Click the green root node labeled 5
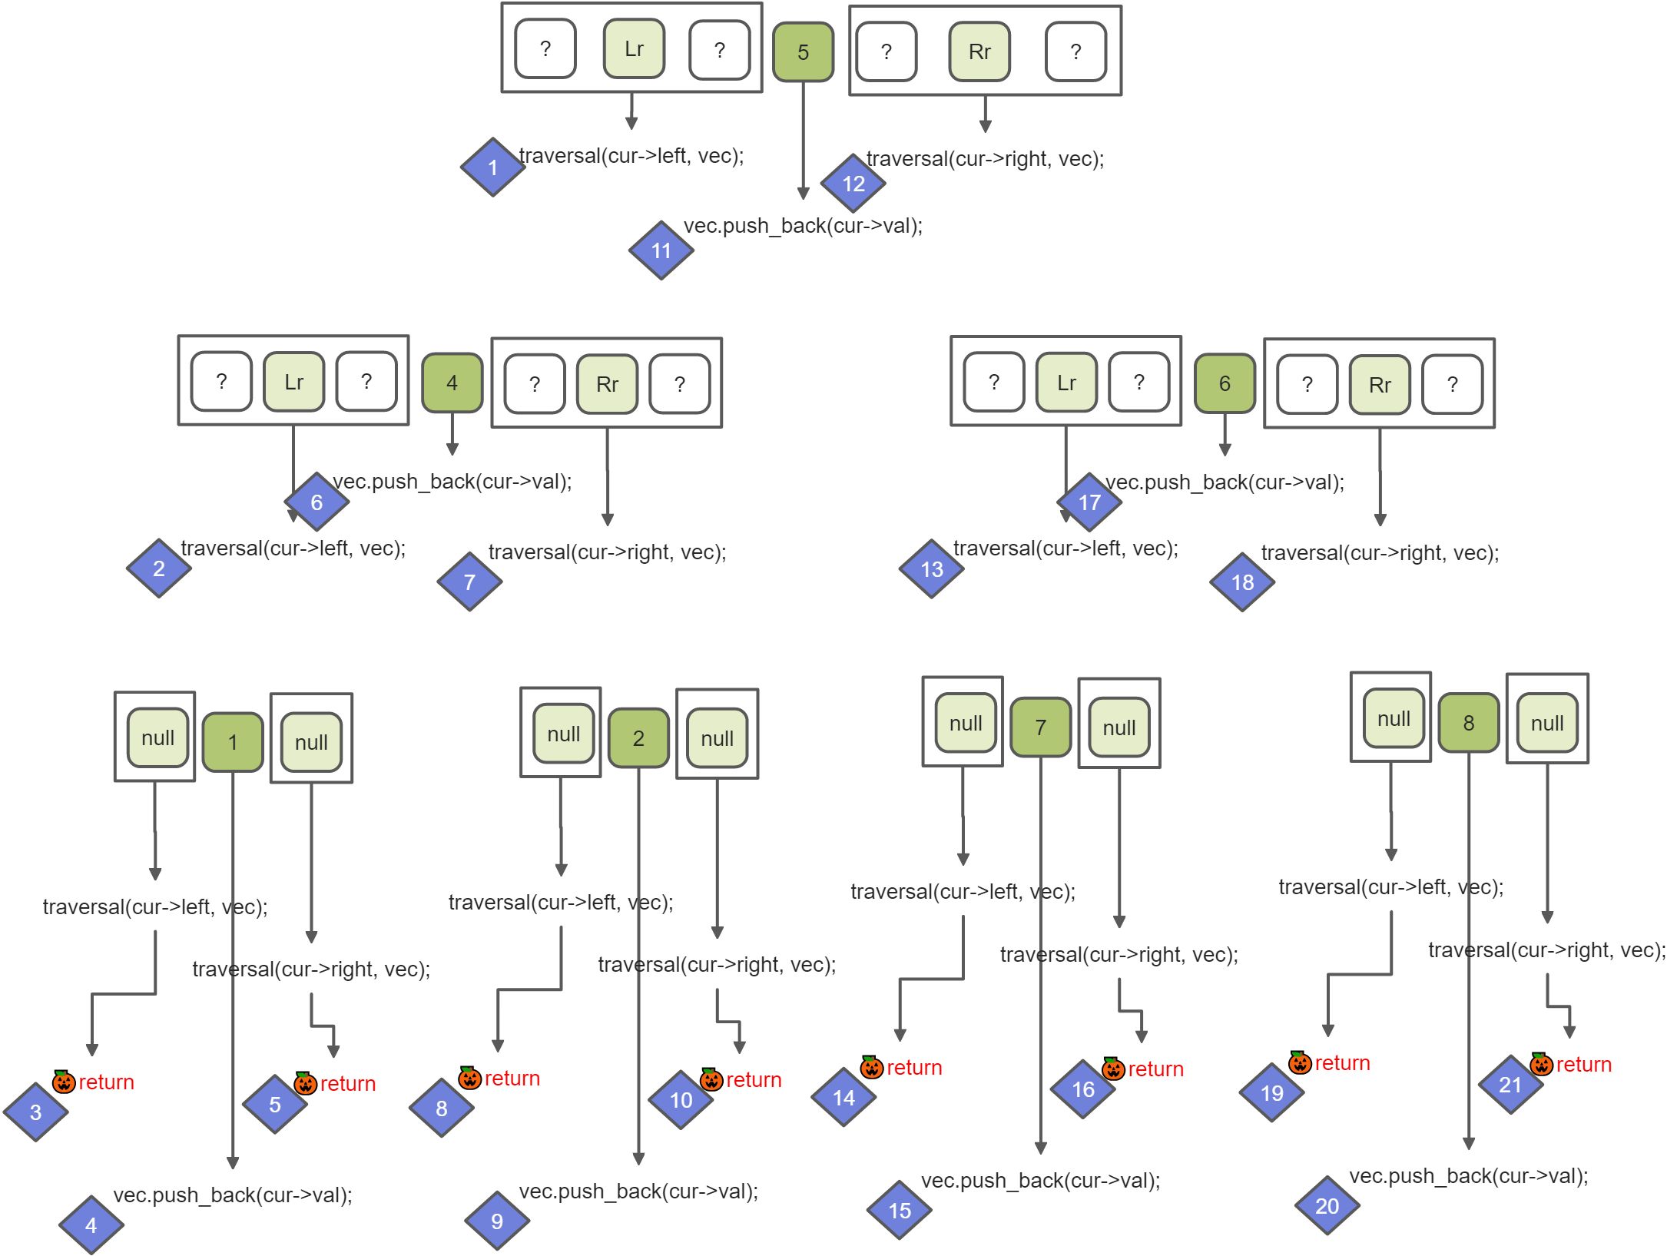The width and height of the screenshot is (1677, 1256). [803, 52]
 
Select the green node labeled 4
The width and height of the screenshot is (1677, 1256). [452, 383]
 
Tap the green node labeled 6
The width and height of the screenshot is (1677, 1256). [1225, 383]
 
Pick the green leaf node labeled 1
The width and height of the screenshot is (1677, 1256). [233, 742]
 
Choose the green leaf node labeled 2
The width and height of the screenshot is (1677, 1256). [638, 738]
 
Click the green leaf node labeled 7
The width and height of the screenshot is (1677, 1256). [1040, 727]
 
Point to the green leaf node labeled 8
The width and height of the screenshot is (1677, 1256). [1468, 723]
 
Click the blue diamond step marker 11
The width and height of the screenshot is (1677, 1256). [661, 250]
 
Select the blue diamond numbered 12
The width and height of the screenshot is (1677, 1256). [853, 184]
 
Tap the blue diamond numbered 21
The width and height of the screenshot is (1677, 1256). [1510, 1085]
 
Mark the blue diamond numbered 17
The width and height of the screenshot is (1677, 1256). [1089, 502]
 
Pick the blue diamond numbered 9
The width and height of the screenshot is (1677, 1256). [497, 1221]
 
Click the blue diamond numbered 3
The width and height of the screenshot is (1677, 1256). [35, 1112]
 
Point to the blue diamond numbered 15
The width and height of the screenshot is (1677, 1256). [900, 1211]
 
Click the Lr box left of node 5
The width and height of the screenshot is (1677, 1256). [634, 49]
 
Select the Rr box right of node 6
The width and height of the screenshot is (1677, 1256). [1380, 385]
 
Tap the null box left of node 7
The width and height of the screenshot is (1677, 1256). [966, 723]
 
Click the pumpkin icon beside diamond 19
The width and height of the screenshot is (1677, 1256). [1300, 1062]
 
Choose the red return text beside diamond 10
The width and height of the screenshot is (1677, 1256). [754, 1080]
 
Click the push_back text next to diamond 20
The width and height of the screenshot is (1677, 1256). [1469, 1176]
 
